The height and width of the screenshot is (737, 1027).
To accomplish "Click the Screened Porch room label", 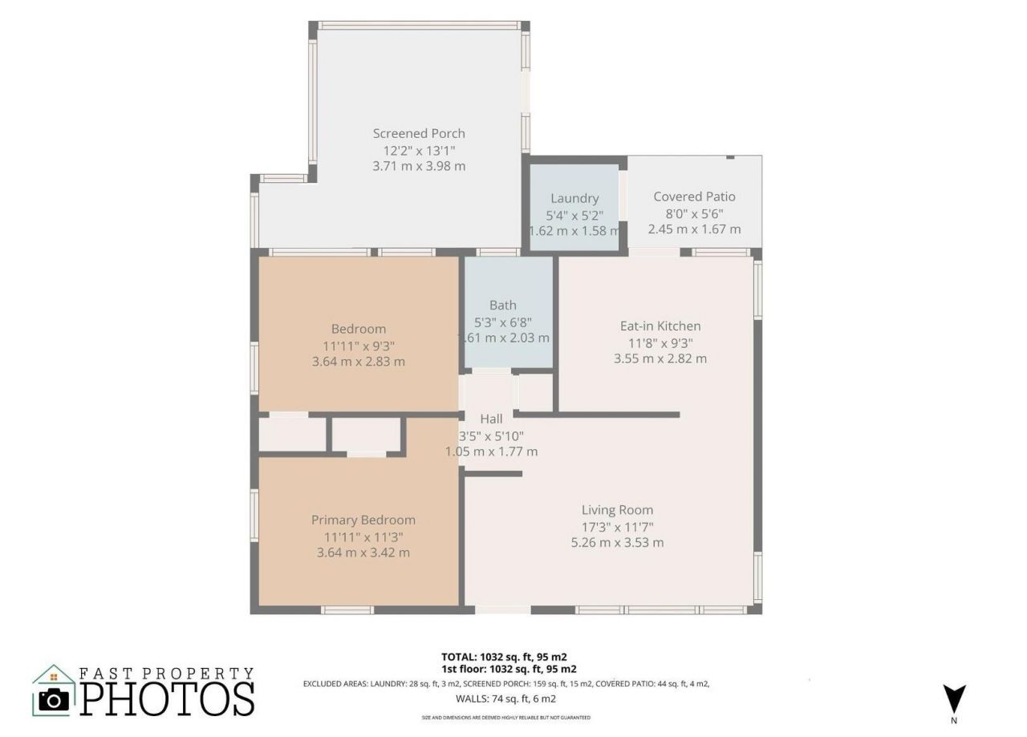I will pos(418,133).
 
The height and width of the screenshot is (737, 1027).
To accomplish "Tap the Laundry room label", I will pos(574,198).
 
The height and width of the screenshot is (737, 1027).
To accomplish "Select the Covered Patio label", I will pos(694,196).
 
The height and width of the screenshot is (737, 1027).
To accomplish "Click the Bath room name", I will pos(503,305).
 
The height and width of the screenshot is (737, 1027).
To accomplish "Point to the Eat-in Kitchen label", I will pos(660,326).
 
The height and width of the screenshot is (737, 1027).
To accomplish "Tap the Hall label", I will pos(491,419).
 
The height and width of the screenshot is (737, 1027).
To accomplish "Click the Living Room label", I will pos(617,509).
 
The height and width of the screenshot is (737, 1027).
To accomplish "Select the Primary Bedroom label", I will pos(363,520).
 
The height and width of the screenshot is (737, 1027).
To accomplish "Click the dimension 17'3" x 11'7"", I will pos(617,527).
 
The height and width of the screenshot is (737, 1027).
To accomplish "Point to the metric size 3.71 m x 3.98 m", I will pos(418,167).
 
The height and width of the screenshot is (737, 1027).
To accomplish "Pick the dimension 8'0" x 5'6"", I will pos(694,213).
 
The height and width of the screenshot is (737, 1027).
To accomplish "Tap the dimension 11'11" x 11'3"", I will pos(363,537).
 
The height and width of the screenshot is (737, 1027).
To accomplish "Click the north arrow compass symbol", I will pos(955,698).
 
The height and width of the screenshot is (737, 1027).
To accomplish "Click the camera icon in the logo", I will pos(54,700).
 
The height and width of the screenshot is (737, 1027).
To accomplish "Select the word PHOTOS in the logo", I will pos(168,699).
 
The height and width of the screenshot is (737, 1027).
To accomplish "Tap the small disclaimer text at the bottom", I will pos(505,717).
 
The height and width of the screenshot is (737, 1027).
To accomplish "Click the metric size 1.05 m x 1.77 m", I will pos(491,452).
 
